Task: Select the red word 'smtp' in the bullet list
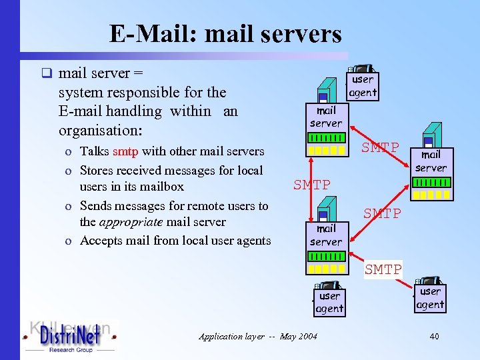(x=126, y=152)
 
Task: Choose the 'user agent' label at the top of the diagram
(x=363, y=86)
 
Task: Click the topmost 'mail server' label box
(x=326, y=117)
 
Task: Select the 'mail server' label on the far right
(x=431, y=161)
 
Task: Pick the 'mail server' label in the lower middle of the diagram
(x=326, y=235)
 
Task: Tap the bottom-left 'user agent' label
(x=329, y=302)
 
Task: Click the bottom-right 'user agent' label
(x=430, y=298)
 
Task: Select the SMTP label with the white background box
(x=383, y=269)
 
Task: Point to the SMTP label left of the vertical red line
(x=312, y=185)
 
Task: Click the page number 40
(x=434, y=337)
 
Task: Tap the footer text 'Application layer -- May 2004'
(x=258, y=337)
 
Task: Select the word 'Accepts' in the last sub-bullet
(x=101, y=240)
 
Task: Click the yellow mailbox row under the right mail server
(x=431, y=195)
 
